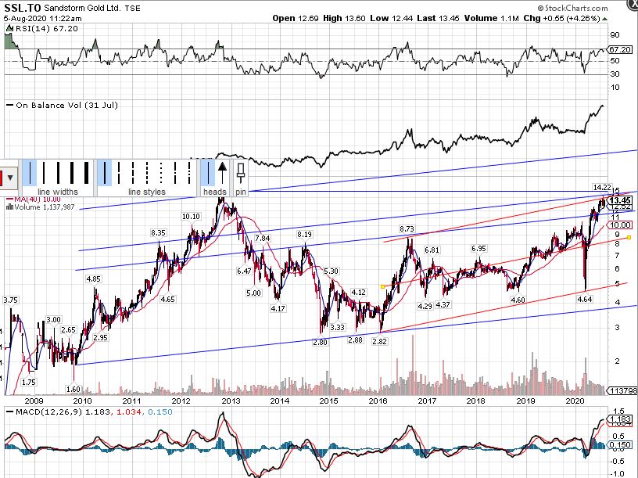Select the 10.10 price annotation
(x=191, y=217)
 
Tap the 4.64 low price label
(x=585, y=299)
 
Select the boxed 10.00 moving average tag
(x=622, y=225)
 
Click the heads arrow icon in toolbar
(x=222, y=167)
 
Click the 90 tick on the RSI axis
(x=615, y=35)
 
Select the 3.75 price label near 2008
(x=10, y=300)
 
